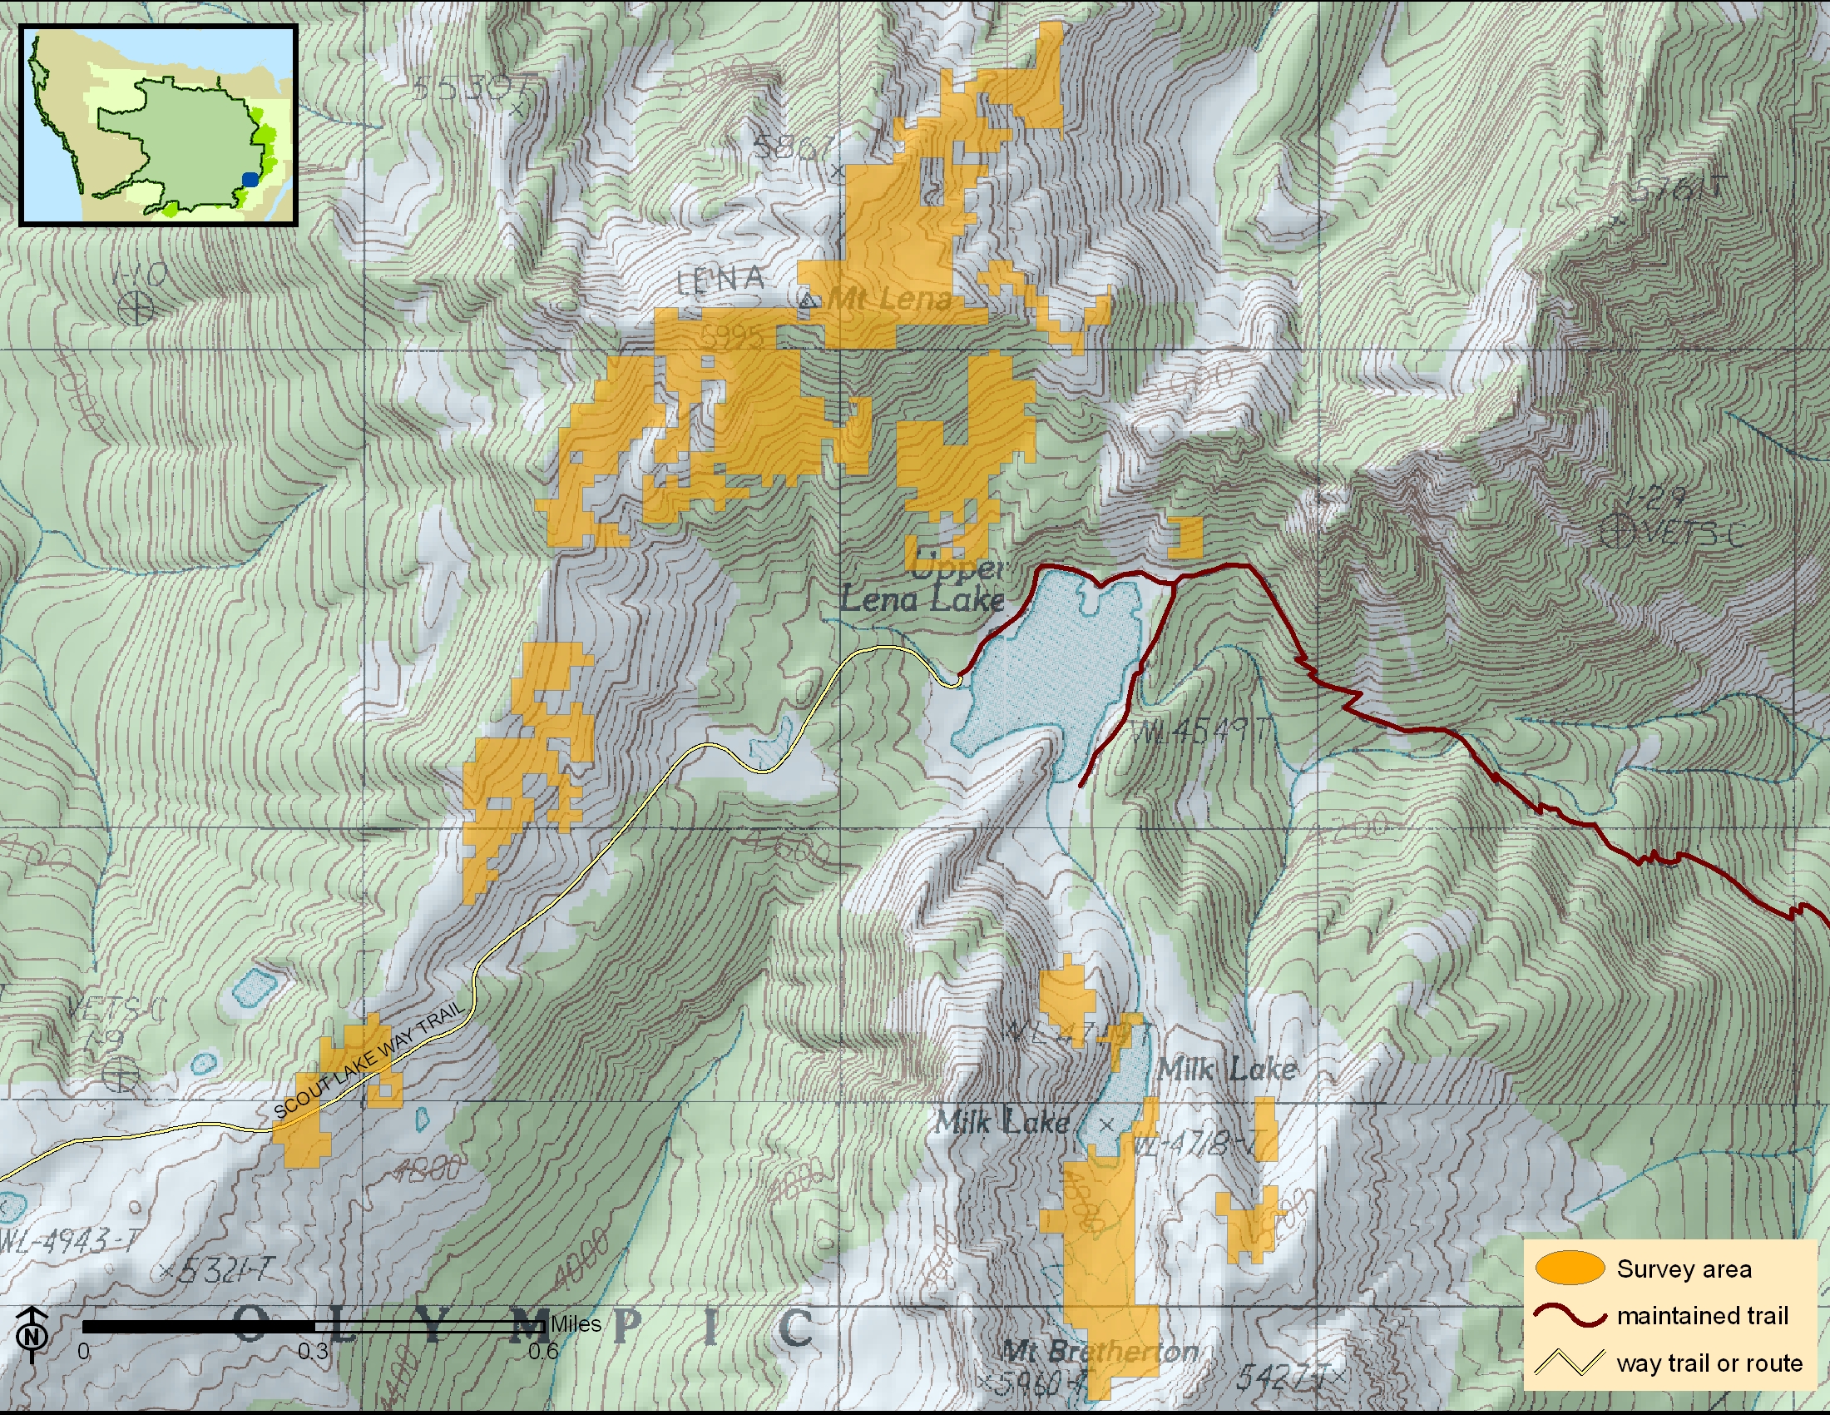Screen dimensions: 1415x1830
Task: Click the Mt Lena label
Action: [x=890, y=299]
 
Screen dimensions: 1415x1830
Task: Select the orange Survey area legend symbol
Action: [x=1570, y=1268]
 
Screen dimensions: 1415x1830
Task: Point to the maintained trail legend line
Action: [x=1570, y=1314]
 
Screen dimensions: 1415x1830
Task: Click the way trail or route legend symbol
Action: [x=1570, y=1363]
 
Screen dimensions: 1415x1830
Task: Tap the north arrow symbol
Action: [x=32, y=1333]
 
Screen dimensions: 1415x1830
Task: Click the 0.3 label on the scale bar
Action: [x=313, y=1351]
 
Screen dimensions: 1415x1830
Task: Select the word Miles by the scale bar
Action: [x=576, y=1323]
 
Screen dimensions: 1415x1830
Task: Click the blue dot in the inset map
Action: [x=250, y=179]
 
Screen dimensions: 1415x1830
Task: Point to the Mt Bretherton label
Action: [x=1100, y=1350]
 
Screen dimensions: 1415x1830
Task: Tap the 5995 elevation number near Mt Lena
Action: [x=731, y=337]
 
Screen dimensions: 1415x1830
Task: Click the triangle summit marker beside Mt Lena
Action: [x=808, y=300]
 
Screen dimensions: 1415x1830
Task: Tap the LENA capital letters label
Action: [x=720, y=279]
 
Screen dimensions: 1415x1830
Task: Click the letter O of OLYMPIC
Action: [x=250, y=1325]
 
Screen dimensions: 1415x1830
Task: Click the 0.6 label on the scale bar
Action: [x=543, y=1351]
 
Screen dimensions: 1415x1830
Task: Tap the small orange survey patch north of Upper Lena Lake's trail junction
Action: [x=1185, y=537]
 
